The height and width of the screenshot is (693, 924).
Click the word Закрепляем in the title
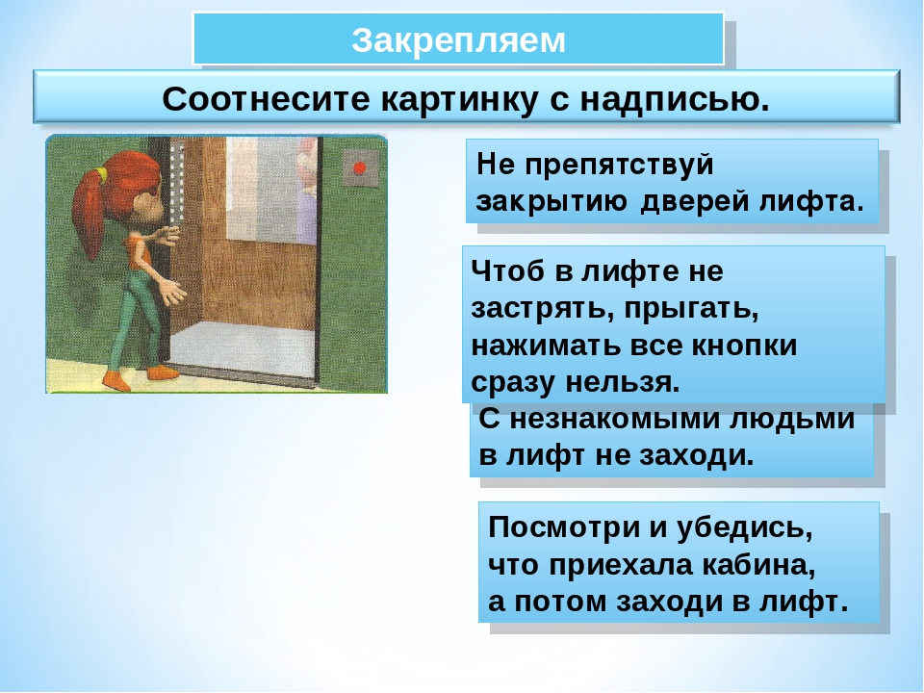tap(458, 40)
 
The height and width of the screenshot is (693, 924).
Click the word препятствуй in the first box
tap(619, 165)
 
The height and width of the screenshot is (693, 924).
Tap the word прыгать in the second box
tap(691, 309)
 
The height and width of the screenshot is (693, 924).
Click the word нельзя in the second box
tap(623, 382)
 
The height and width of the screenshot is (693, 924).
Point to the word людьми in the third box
tap(791, 420)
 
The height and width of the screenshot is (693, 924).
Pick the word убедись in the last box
tap(744, 527)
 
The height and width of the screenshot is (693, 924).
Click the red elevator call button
tap(359, 167)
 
